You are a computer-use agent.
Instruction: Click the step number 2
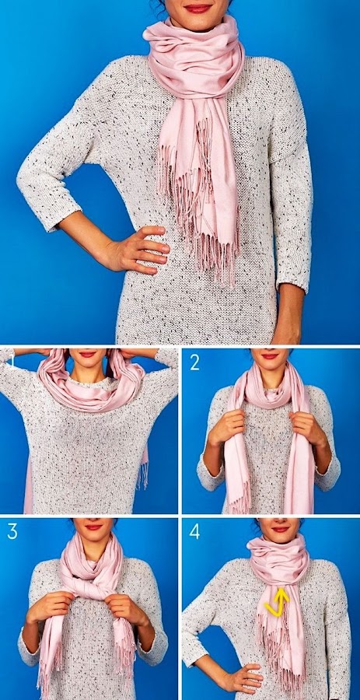(194, 362)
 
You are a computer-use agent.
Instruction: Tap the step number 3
(12, 532)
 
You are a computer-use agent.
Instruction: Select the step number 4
(194, 532)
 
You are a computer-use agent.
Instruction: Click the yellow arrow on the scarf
(277, 602)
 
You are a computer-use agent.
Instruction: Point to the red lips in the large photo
(197, 8)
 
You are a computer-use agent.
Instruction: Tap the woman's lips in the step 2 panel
(270, 355)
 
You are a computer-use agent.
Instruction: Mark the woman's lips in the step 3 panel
(93, 527)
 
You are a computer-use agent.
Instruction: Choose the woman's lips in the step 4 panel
(280, 529)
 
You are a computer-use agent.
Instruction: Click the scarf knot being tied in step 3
(93, 590)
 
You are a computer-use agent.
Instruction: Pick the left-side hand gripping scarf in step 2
(225, 427)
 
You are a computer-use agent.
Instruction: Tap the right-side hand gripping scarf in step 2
(309, 427)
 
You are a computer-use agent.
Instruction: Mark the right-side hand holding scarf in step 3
(126, 610)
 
